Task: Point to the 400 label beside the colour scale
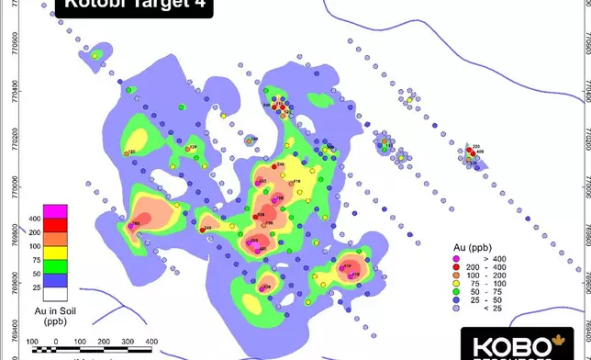tap(35, 219)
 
